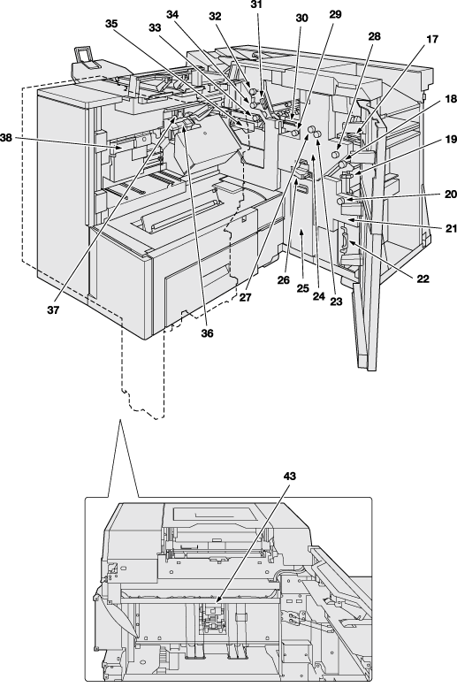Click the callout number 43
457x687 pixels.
289,476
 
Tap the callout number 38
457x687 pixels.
6,138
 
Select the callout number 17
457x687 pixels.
432,40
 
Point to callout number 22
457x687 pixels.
423,279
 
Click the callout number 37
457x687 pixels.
53,310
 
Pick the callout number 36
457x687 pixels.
207,333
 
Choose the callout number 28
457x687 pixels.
374,36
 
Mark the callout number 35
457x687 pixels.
111,24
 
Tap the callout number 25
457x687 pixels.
303,288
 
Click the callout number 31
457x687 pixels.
256,4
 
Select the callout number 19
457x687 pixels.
451,140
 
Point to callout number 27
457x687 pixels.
246,297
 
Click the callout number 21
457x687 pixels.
451,228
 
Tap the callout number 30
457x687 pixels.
302,18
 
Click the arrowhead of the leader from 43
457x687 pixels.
217,599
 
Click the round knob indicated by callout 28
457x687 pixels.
335,154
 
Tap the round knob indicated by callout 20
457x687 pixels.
340,201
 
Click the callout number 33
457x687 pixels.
155,27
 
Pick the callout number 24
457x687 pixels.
318,296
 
